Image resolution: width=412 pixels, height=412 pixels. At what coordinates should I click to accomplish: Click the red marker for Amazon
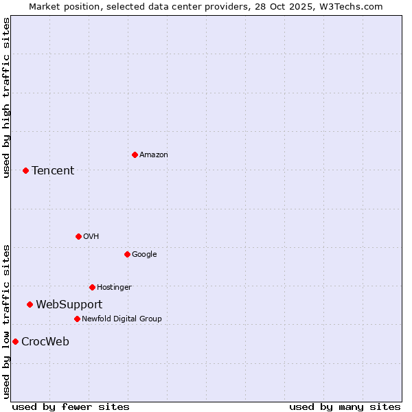135,154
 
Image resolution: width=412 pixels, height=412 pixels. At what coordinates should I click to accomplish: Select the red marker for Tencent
25,170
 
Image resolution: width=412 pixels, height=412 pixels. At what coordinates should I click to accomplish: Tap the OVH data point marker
78,236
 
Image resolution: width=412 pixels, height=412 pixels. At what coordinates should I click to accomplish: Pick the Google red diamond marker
127,254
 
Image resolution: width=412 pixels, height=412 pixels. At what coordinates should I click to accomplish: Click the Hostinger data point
92,287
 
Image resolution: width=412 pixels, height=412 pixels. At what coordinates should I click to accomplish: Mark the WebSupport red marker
30,304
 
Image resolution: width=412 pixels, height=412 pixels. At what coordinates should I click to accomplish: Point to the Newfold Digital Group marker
77,319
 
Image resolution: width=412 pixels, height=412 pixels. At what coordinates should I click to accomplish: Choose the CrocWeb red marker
15,341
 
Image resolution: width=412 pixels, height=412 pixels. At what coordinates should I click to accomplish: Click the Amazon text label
154,154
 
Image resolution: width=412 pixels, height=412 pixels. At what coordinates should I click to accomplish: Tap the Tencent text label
53,170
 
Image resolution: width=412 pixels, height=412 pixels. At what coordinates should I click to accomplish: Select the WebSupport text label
69,304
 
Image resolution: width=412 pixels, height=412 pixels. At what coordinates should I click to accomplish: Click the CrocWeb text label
45,341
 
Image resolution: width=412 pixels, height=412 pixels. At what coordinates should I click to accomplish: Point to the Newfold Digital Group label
122,319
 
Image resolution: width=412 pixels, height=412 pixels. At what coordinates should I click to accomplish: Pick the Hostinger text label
114,287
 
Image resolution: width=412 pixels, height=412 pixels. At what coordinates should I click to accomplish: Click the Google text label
144,254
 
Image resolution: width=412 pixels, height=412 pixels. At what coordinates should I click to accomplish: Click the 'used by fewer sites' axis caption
71,407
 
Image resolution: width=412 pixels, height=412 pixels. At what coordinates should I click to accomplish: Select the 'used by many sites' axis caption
345,407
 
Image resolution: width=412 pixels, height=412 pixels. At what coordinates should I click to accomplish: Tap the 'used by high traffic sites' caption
6,98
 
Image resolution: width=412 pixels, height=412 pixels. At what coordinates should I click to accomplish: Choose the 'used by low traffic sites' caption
6,321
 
